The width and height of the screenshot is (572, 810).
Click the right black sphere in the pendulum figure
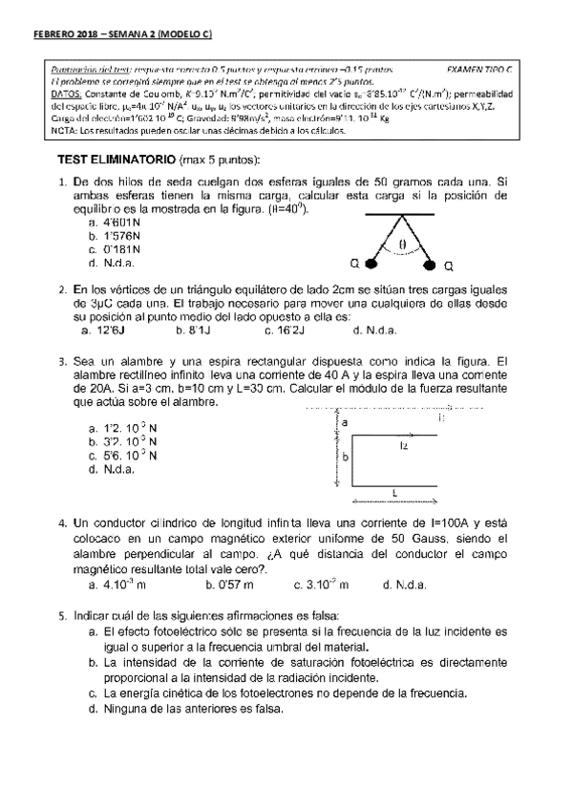(x=429, y=261)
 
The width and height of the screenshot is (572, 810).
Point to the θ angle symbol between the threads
(x=402, y=245)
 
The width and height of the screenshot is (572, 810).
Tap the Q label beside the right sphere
(x=449, y=265)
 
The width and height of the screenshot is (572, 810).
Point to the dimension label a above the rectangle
(x=345, y=421)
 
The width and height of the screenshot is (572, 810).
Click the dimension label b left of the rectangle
(x=345, y=458)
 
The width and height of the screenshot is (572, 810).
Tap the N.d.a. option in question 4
(x=404, y=584)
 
